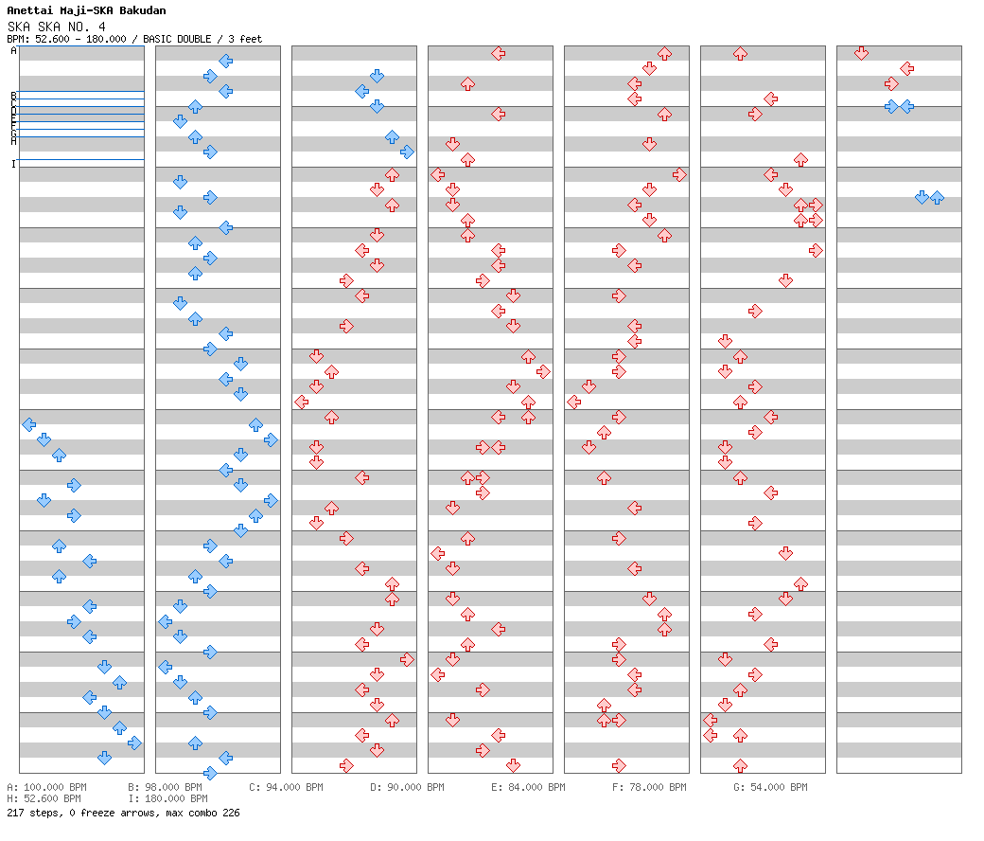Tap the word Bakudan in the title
(x=142, y=11)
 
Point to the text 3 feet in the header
(x=246, y=39)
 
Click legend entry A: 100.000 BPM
(x=44, y=787)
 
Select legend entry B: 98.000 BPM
(x=165, y=787)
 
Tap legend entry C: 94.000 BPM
(x=286, y=787)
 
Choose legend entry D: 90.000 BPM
(x=407, y=787)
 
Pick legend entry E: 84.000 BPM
(x=528, y=787)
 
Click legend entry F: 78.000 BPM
(x=649, y=787)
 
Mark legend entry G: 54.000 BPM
(x=770, y=787)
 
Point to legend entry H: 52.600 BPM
(x=44, y=798)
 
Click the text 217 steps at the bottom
(x=29, y=813)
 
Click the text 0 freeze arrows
(x=108, y=813)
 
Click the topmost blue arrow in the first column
(x=28, y=424)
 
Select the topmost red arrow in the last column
(x=861, y=53)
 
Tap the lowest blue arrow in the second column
(x=210, y=773)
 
